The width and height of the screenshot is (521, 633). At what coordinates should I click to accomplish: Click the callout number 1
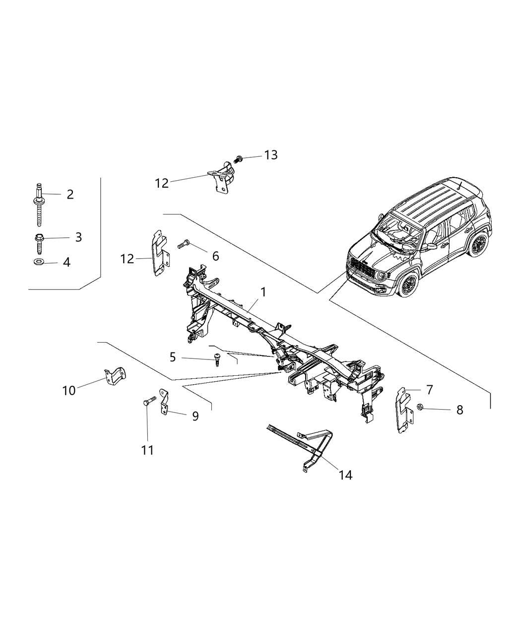(x=263, y=292)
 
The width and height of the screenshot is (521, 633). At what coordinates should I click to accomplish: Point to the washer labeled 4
(x=39, y=262)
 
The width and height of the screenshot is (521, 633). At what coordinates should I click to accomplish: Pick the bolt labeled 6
(x=184, y=244)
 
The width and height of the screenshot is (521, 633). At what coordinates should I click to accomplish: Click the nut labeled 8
(x=419, y=408)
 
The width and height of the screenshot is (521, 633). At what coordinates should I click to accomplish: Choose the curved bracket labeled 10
(x=116, y=376)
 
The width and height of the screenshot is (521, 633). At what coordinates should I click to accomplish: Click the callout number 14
(x=345, y=475)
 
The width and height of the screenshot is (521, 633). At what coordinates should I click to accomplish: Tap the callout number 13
(x=270, y=155)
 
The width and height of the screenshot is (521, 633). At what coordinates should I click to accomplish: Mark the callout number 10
(x=69, y=391)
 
